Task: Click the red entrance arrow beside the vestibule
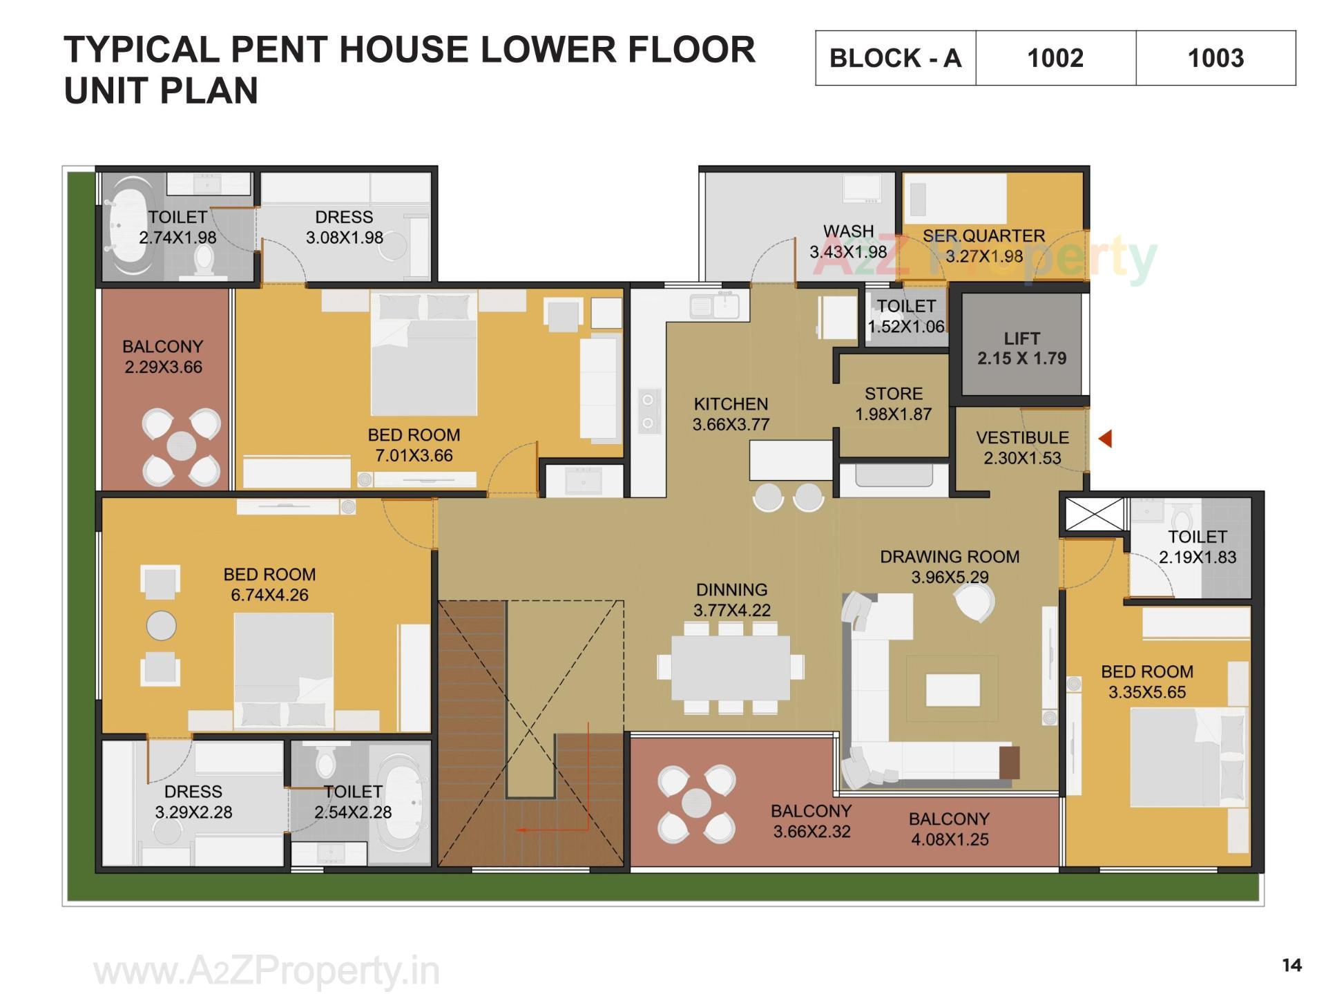(x=1105, y=438)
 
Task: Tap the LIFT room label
(x=1021, y=338)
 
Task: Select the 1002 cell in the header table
(x=1055, y=58)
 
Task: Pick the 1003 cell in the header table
(x=1215, y=58)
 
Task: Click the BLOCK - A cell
(x=895, y=58)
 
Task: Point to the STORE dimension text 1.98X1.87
(x=893, y=414)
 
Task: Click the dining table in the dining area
(x=731, y=667)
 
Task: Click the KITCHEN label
(x=731, y=403)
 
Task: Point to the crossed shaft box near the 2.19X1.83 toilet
(x=1094, y=515)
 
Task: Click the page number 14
(x=1291, y=965)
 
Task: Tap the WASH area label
(x=848, y=231)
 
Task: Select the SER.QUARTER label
(x=983, y=236)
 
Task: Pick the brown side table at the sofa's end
(x=1009, y=762)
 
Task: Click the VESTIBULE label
(x=1022, y=437)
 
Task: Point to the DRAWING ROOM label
(x=950, y=557)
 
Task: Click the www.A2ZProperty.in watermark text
(x=267, y=971)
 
